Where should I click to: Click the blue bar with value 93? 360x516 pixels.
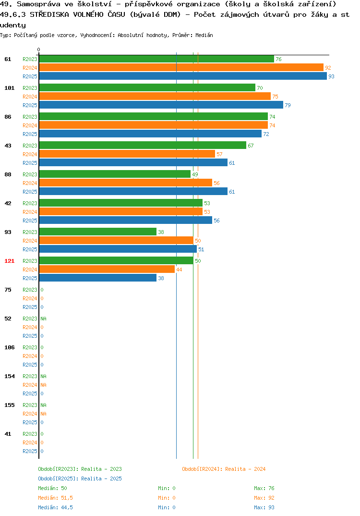183,76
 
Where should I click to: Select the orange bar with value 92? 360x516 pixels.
181,67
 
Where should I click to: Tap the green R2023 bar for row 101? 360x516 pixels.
147,87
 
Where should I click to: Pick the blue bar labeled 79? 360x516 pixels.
161,105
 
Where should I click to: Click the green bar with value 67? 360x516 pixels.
143,145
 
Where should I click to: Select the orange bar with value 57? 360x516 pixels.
127,154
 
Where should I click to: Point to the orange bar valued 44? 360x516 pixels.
107,269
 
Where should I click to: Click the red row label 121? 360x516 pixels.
10,261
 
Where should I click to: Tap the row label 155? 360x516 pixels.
10,405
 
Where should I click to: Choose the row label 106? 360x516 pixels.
10,347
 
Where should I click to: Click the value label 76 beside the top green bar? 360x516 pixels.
278,59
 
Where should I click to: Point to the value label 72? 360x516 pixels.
266,134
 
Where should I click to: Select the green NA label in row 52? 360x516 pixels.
43,319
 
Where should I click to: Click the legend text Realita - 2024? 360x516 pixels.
245,469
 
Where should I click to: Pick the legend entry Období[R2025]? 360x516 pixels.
58,479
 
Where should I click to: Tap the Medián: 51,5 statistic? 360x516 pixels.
55,498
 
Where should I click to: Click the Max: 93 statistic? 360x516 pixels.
264,507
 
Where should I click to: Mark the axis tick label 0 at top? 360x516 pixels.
39,49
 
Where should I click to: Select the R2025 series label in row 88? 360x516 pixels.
30,192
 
